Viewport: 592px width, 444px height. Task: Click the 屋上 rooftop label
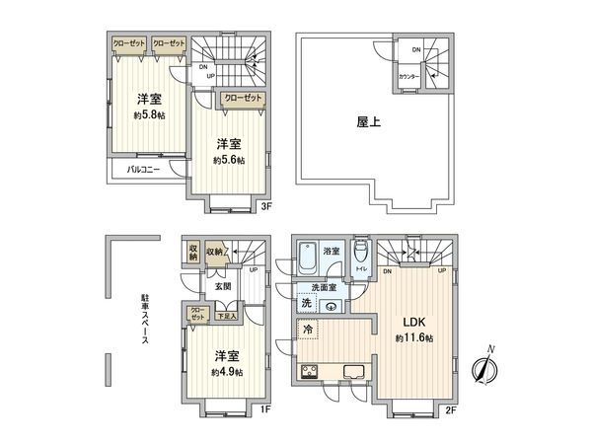(x=369, y=124)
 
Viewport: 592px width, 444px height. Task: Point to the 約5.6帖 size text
(x=230, y=159)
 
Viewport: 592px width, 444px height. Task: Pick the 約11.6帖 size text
(x=415, y=337)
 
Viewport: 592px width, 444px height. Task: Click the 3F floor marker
(x=265, y=206)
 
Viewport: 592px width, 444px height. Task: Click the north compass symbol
(x=482, y=369)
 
